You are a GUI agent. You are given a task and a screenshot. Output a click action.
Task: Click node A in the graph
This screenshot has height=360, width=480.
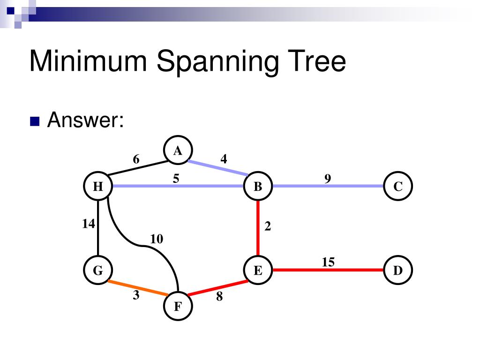(178, 150)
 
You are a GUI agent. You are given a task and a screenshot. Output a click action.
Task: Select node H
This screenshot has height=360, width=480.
(98, 187)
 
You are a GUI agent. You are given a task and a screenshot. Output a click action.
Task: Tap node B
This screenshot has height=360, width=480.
(258, 187)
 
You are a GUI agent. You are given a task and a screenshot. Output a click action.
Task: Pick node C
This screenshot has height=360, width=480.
(398, 187)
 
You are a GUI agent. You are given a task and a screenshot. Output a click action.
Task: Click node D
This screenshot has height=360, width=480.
(398, 270)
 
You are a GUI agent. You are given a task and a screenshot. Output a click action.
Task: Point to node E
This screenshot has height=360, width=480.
(258, 270)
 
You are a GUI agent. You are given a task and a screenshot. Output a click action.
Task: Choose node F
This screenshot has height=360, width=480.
(178, 307)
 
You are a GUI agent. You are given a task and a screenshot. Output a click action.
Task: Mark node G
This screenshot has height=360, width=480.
(98, 270)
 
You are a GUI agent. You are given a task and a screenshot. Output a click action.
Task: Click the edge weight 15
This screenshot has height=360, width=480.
(328, 262)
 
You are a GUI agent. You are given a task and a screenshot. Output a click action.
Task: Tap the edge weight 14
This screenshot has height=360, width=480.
(88, 224)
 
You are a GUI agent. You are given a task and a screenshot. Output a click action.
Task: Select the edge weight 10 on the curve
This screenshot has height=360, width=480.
(157, 239)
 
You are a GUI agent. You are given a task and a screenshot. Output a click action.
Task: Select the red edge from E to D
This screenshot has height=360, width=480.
(328, 270)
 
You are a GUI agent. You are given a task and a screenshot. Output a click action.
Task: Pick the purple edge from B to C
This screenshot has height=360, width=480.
(328, 186)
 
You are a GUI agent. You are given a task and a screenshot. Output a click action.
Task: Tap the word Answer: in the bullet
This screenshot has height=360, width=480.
(86, 121)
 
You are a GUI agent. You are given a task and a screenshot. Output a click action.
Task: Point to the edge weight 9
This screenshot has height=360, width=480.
(327, 179)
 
